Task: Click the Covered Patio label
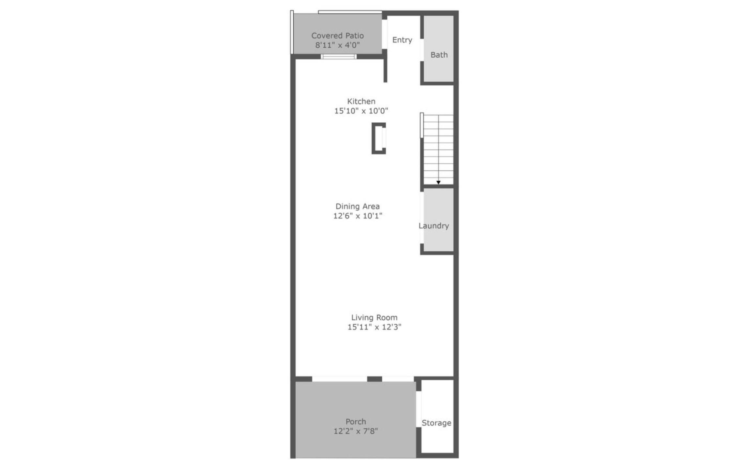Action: tap(337, 36)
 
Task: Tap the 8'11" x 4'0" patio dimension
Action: tap(337, 45)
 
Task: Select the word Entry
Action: tap(402, 40)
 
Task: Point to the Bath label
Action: tap(439, 55)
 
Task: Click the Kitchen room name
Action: tap(361, 101)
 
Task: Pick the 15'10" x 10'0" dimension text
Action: tap(361, 111)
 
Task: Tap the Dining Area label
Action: tap(358, 206)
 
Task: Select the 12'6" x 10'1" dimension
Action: tap(358, 216)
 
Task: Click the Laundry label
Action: tap(434, 226)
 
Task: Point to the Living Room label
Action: tap(374, 317)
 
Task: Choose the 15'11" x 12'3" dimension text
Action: tap(374, 327)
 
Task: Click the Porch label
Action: tap(356, 422)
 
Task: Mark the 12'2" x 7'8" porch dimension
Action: tap(356, 431)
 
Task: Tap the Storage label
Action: tap(436, 423)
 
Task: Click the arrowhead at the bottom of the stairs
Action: tap(438, 182)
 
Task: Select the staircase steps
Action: tap(438, 150)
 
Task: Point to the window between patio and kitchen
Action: tap(339, 57)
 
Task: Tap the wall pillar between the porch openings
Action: tap(375, 379)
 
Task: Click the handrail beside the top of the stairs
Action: tap(422, 125)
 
